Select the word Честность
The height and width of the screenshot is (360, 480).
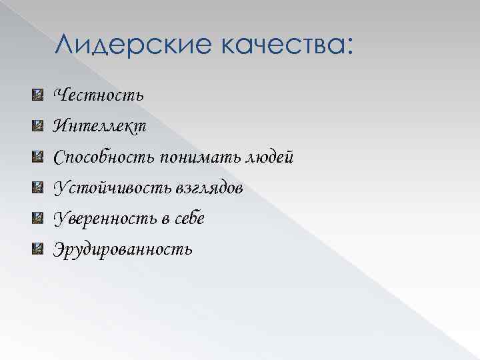tap(98, 95)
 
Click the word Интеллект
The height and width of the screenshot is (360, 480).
tap(100, 126)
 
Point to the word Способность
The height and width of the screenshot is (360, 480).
tap(105, 158)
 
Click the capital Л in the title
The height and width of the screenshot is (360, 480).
tap(65, 46)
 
